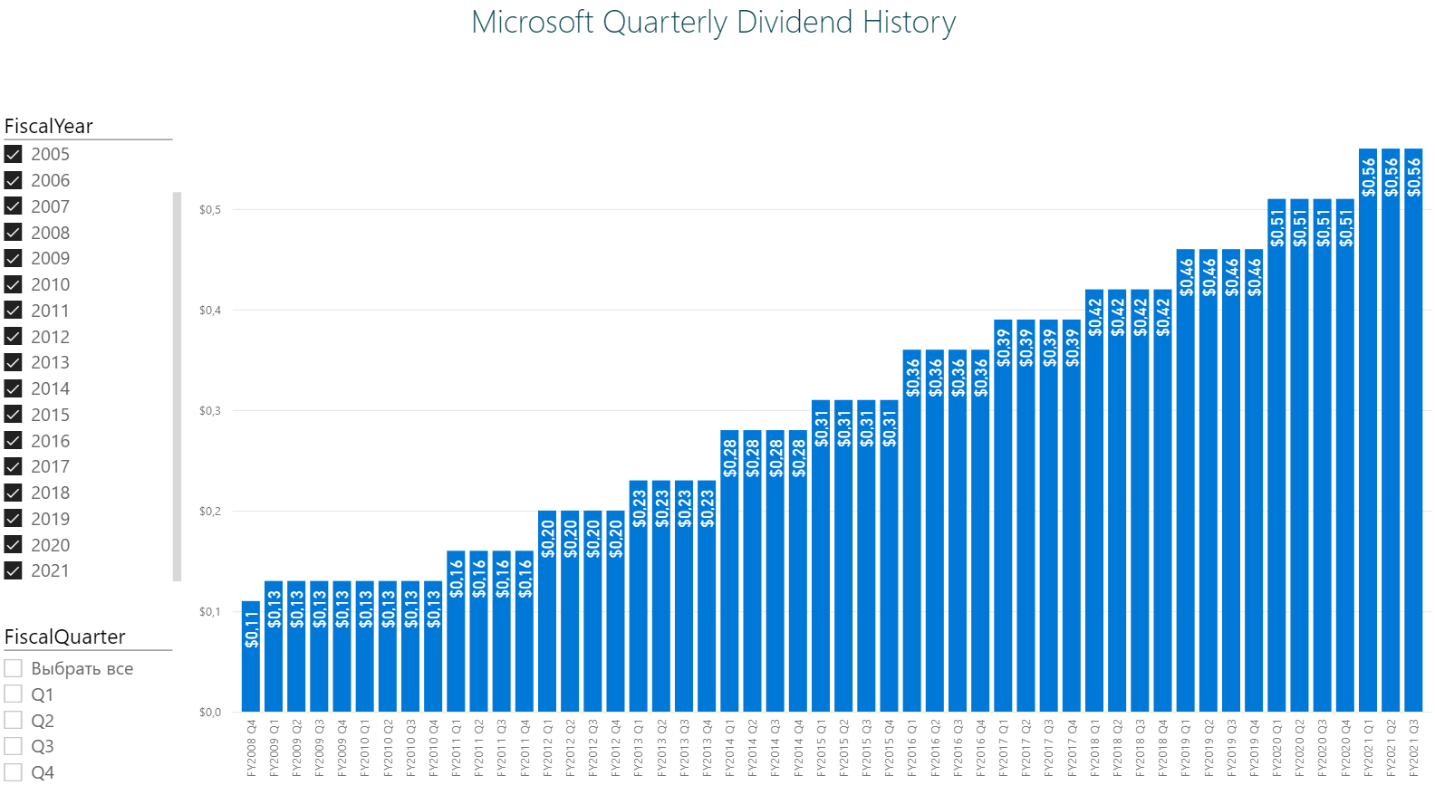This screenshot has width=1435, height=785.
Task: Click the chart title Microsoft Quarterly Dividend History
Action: pyautogui.click(x=713, y=23)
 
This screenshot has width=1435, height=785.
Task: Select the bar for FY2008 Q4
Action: pyautogui.click(x=251, y=670)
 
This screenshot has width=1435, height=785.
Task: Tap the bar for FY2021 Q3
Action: pyautogui.click(x=1413, y=453)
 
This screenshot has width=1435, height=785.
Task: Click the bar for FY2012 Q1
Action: pyautogui.click(x=547, y=625)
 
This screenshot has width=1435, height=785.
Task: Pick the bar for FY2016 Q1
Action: pyautogui.click(x=911, y=543)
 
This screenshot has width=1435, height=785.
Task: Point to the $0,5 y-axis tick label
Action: pyautogui.click(x=209, y=210)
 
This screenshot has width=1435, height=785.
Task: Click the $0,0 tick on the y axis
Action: pyautogui.click(x=209, y=713)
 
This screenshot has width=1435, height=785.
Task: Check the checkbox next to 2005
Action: pyautogui.click(x=14, y=154)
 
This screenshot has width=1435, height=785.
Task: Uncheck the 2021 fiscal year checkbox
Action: pyautogui.click(x=14, y=570)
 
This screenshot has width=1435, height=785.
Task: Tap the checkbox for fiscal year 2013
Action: pyautogui.click(x=14, y=362)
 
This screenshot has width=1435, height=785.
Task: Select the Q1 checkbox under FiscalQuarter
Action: pyautogui.click(x=14, y=694)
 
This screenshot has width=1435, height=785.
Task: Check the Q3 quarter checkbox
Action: pyautogui.click(x=14, y=746)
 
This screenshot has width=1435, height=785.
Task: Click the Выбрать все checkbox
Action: pyautogui.click(x=14, y=668)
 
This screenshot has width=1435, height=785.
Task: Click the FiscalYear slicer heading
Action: pyautogui.click(x=49, y=126)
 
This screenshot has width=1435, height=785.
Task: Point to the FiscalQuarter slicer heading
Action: pyautogui.click(x=65, y=637)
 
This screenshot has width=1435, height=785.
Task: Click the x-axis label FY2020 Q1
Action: pyautogui.click(x=1276, y=749)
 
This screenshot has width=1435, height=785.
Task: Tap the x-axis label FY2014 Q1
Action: pyautogui.click(x=729, y=749)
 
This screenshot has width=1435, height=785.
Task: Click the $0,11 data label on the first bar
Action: pyautogui.click(x=252, y=629)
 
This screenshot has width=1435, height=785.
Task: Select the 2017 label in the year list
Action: pyautogui.click(x=50, y=466)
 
